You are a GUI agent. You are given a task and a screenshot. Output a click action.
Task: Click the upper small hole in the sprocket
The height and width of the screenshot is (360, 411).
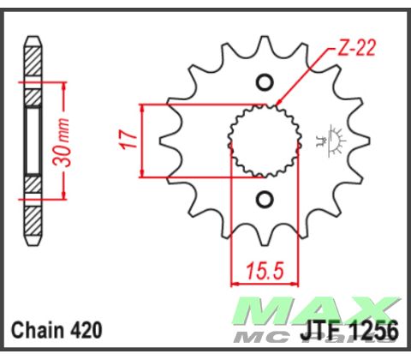pos(264,83)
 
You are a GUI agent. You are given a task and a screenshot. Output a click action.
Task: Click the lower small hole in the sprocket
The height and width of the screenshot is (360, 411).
pos(264,200)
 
